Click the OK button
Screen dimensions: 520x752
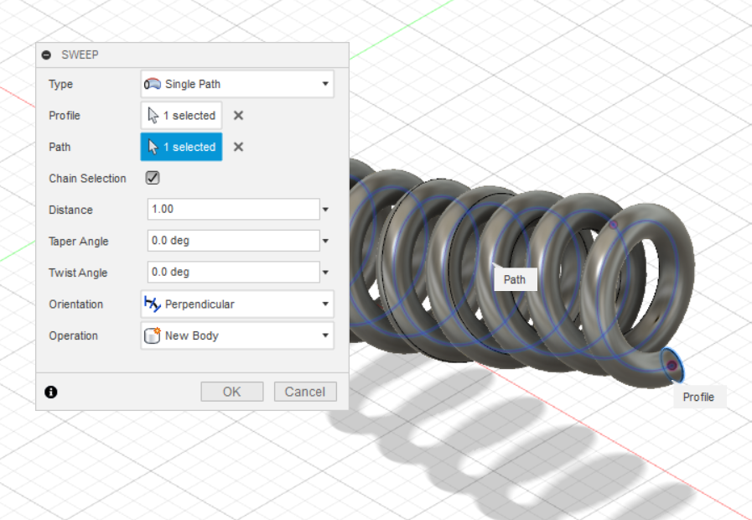tap(232, 392)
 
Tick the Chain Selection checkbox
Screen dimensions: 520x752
tap(153, 178)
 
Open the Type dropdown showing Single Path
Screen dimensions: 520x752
tap(237, 84)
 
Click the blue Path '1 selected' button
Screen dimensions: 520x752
tap(181, 147)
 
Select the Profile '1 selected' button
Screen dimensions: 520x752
tap(181, 116)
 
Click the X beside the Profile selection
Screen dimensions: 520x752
tap(238, 116)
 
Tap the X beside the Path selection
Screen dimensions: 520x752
tap(238, 147)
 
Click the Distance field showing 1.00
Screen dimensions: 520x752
tap(233, 210)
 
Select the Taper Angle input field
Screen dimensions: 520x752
tap(233, 242)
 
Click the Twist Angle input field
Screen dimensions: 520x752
tap(233, 273)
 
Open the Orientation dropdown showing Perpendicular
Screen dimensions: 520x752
tap(237, 304)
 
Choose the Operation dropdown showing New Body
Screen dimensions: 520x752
tap(237, 335)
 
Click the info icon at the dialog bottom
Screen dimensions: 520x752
tap(51, 392)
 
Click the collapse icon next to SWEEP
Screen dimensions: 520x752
tap(47, 55)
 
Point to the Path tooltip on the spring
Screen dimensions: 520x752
tap(515, 279)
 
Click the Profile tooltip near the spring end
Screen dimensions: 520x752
tap(698, 397)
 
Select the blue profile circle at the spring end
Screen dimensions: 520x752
tap(672, 365)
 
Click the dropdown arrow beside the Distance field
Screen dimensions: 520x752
tap(325, 210)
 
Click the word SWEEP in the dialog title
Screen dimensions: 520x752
tap(80, 55)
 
